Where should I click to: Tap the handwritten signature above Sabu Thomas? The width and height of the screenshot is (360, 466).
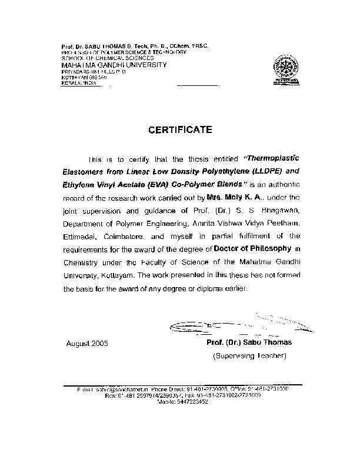(235, 325)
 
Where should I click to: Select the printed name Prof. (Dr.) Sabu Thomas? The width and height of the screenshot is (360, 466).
(249, 342)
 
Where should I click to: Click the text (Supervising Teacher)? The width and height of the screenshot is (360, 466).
(249, 356)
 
